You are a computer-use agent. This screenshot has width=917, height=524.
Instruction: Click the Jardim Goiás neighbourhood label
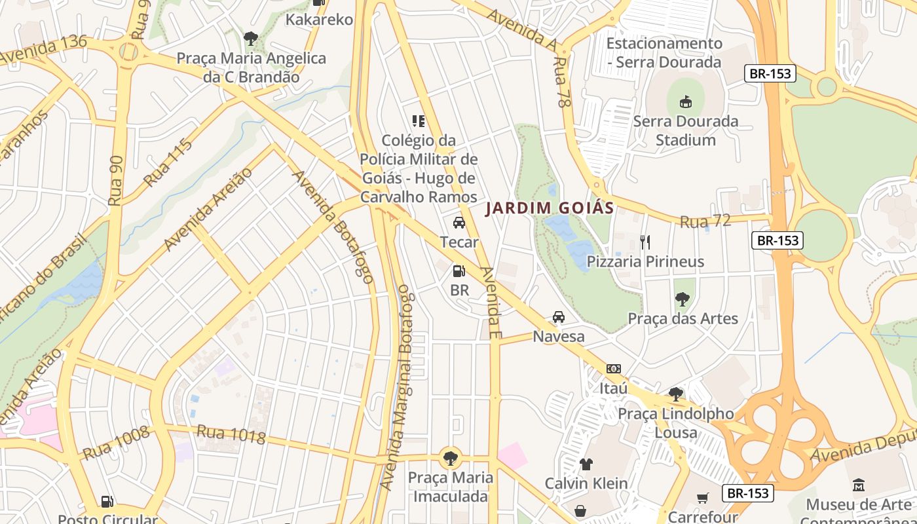(x=550, y=208)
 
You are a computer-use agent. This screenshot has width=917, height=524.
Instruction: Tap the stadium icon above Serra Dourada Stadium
(x=685, y=102)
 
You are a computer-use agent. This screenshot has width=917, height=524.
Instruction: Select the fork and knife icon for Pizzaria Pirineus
(x=645, y=242)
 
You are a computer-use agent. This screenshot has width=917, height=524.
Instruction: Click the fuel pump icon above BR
(x=459, y=271)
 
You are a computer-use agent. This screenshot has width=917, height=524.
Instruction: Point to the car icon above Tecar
(x=459, y=223)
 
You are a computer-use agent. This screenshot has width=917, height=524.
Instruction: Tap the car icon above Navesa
(x=558, y=317)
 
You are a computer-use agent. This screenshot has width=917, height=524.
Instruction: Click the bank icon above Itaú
(x=613, y=369)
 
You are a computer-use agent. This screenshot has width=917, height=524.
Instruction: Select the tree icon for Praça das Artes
(x=682, y=299)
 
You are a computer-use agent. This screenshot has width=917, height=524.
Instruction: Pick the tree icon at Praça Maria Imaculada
(x=450, y=457)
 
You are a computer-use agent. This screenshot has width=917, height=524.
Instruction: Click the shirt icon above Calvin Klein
(x=586, y=464)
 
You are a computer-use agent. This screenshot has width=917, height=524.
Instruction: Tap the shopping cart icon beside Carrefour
(x=703, y=498)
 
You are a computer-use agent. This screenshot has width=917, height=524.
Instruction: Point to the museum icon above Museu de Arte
(x=858, y=485)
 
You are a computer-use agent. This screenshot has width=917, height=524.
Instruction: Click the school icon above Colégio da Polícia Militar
(x=419, y=121)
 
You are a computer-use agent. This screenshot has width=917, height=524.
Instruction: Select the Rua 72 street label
(x=705, y=221)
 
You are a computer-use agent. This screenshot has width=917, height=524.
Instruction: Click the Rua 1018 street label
(x=231, y=434)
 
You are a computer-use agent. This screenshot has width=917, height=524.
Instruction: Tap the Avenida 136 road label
(x=44, y=50)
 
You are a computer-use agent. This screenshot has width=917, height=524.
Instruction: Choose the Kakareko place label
(x=319, y=20)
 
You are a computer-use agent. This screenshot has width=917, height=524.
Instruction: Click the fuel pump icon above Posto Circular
(x=107, y=502)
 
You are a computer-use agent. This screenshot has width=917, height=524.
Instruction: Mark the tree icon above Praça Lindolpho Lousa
(x=675, y=394)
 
